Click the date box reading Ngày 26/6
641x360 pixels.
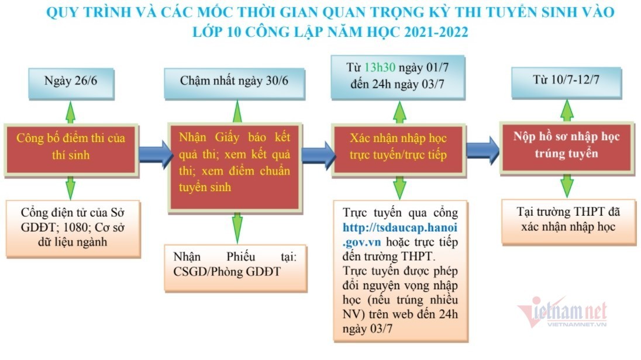[70, 81]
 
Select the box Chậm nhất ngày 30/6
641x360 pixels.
[235, 81]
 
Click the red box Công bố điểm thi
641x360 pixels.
[71, 147]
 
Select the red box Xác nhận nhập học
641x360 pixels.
[398, 147]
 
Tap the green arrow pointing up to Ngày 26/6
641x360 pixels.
[70, 111]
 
